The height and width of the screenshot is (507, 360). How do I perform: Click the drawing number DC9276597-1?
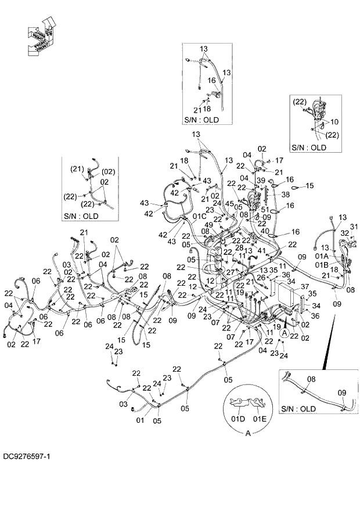point(26,457)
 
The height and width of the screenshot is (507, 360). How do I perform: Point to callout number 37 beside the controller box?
point(304,286)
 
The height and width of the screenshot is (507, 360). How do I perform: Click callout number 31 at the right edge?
point(354,226)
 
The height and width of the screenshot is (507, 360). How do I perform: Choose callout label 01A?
point(322,256)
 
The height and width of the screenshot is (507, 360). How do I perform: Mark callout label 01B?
point(322,264)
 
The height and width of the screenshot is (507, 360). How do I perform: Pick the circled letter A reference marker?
point(284,333)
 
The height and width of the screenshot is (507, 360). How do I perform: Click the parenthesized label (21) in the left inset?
point(77,169)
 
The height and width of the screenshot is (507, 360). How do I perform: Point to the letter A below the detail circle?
point(248,433)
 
